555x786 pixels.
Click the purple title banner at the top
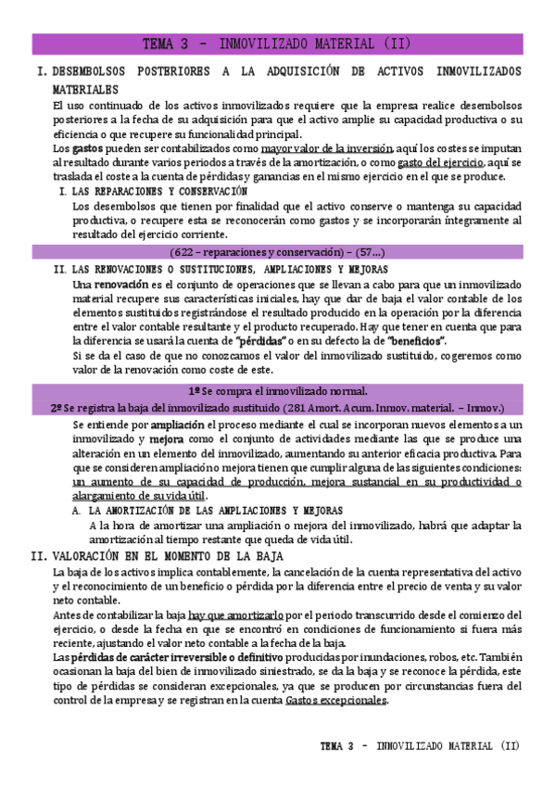277,44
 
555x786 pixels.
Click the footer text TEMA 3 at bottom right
342,746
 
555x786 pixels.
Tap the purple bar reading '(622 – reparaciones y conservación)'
277,252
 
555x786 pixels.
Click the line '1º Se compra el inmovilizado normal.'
277,391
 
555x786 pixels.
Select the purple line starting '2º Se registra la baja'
277,407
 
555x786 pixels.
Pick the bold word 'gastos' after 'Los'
88,148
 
